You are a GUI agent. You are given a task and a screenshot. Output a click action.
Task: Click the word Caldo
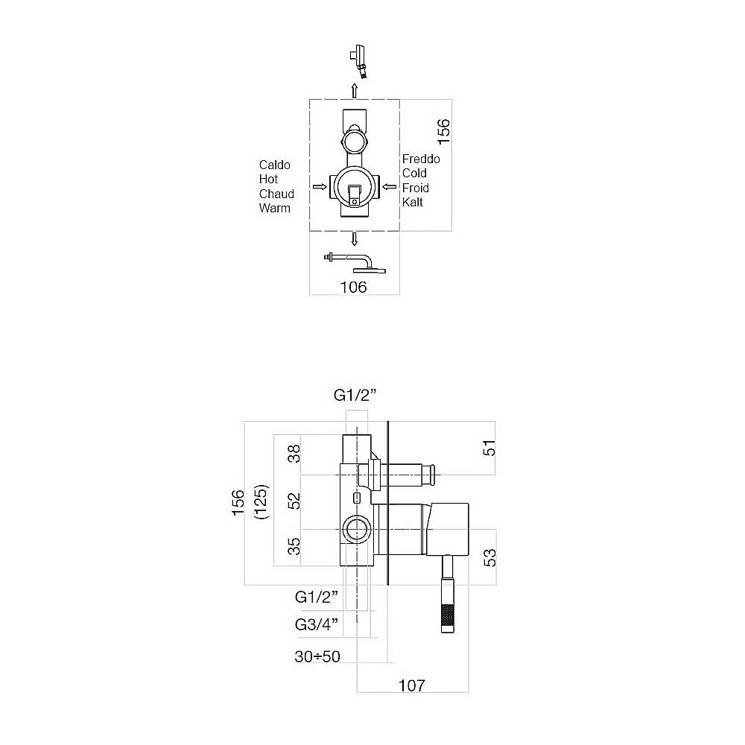(274, 165)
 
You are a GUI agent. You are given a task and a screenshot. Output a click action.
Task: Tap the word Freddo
(421, 159)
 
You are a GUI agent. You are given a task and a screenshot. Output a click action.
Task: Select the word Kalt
(412, 202)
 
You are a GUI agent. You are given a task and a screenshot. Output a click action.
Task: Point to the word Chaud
(276, 194)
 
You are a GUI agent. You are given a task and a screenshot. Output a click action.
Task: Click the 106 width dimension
(353, 287)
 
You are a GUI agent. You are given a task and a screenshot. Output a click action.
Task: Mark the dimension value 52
(296, 500)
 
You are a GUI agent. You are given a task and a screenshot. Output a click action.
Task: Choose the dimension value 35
(296, 546)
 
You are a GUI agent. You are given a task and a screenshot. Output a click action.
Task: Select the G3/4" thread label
(317, 624)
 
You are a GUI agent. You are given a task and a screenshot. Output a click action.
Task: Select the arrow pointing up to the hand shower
(355, 90)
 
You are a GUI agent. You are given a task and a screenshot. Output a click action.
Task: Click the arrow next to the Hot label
(318, 187)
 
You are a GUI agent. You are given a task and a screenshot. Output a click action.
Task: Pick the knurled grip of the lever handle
(447, 615)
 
